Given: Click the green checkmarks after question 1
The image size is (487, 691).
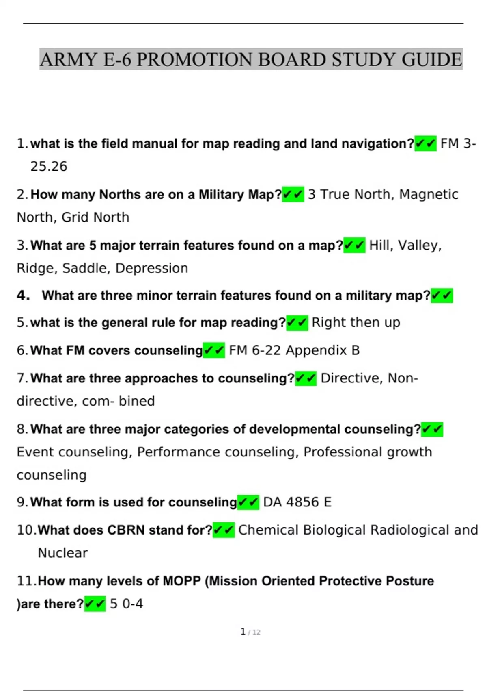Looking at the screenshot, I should click(425, 143).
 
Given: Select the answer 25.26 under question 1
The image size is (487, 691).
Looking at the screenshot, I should click(49, 166).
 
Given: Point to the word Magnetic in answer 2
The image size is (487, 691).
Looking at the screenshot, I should click(429, 194).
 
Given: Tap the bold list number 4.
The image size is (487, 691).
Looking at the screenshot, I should click(23, 295).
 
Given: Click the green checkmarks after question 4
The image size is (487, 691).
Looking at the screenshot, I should click(442, 296).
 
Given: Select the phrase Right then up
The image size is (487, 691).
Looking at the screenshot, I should click(356, 322).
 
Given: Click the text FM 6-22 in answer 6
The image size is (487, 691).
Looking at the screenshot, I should click(254, 350).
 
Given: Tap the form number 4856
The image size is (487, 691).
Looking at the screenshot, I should click(302, 502).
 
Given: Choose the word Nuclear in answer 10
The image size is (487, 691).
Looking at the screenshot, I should click(62, 553).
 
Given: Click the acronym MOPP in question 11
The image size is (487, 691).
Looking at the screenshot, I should click(182, 581).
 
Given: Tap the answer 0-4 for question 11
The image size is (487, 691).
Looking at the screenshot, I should click(133, 604).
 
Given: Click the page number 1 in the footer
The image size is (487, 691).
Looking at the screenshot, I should click(243, 632).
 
